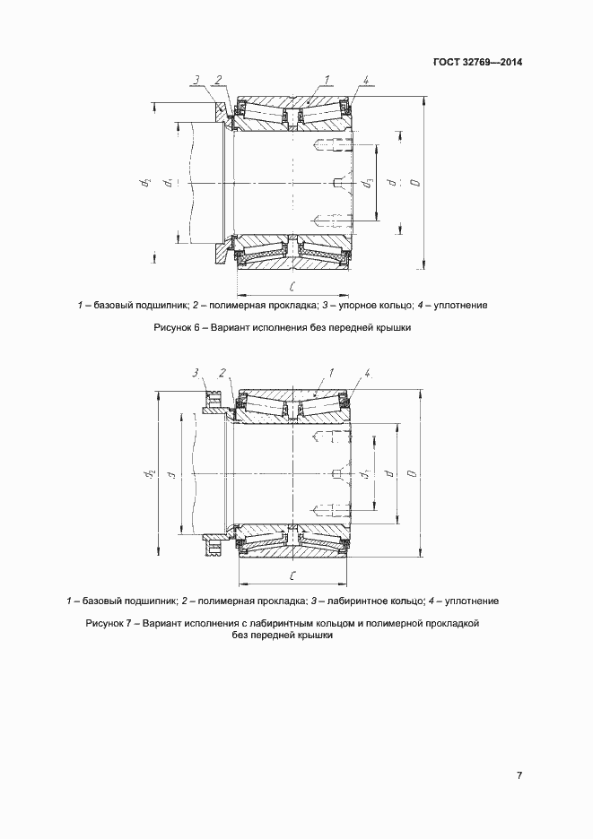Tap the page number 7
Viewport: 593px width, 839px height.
(519, 775)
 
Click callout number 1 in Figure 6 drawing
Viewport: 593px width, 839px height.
(329, 80)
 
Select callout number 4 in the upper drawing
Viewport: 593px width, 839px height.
(367, 81)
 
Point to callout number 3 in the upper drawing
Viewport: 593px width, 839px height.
(195, 80)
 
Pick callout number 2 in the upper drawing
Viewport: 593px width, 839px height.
(216, 80)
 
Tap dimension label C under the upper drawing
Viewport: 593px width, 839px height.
(294, 287)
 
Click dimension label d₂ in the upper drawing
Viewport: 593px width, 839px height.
(144, 184)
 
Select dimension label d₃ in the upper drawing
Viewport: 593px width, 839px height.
(368, 185)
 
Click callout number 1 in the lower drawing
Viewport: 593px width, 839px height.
(332, 371)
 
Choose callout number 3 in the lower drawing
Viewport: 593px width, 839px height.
(195, 371)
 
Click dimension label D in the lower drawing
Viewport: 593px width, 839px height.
(409, 473)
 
